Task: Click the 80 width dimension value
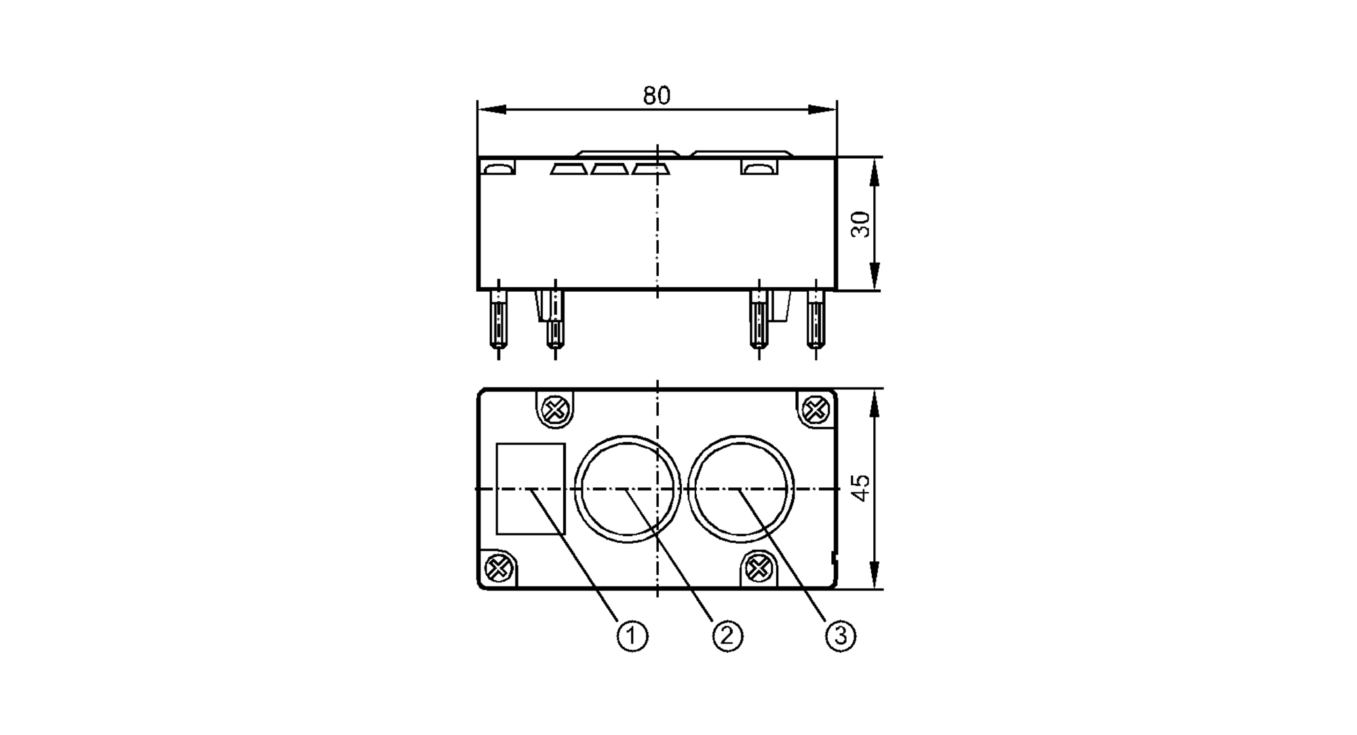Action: point(656,96)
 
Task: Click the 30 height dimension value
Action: point(860,224)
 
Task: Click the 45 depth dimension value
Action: point(860,487)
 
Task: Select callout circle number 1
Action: point(632,636)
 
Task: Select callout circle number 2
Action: point(727,636)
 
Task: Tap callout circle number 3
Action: point(841,636)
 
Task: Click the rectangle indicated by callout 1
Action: point(531,489)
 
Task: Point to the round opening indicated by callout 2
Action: point(627,489)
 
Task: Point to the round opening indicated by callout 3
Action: point(740,489)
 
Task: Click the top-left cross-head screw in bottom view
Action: point(556,409)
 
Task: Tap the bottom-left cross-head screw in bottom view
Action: point(499,568)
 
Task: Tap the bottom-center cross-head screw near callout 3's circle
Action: point(758,567)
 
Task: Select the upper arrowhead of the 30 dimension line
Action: point(874,172)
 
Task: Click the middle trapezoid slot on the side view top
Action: point(609,168)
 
